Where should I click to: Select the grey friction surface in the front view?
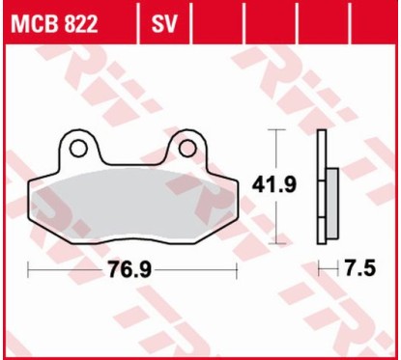(134, 199)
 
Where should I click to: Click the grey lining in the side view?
(332, 204)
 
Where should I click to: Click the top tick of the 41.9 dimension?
(279, 129)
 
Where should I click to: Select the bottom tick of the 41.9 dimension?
(279, 243)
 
